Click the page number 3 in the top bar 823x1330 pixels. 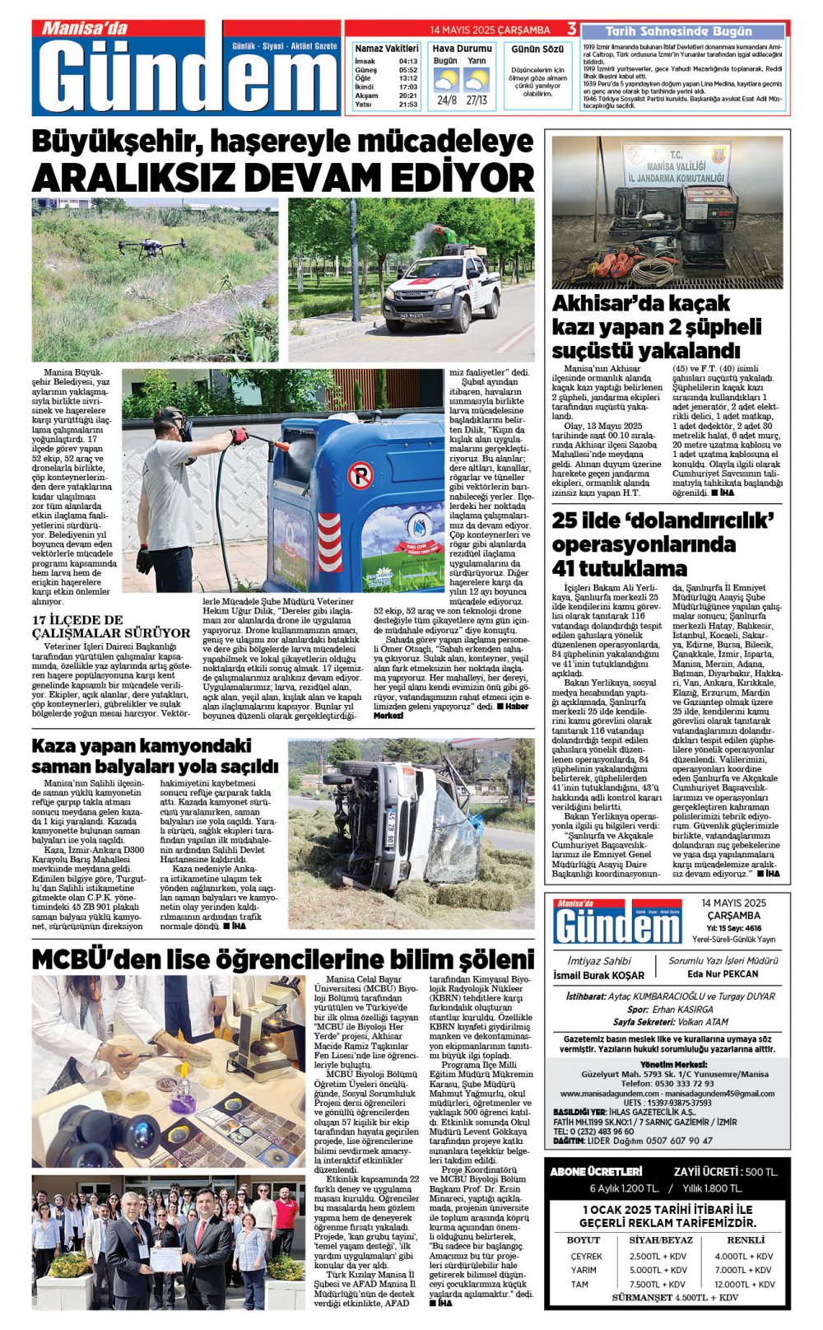(571, 30)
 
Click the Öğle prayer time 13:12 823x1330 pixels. (408, 78)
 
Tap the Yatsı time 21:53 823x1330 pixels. (408, 105)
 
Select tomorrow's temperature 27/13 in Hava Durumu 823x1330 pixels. (477, 100)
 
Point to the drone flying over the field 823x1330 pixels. (151, 245)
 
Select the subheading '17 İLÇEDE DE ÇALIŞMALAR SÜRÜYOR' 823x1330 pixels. (110, 626)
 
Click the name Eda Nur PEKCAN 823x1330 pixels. (723, 973)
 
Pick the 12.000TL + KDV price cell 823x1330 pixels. (744, 1284)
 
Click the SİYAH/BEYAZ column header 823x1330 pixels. (661, 1239)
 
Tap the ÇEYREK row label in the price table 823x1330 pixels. (586, 1256)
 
